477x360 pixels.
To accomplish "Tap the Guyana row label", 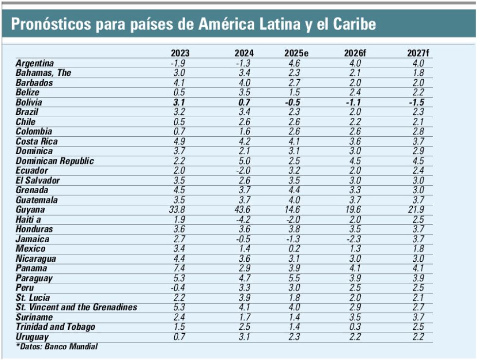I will (30, 210).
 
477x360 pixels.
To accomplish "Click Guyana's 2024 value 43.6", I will (244, 210).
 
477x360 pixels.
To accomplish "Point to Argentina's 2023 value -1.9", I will (180, 63).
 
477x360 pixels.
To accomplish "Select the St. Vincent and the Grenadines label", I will (76, 307).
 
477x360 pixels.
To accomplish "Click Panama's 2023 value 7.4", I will (180, 269).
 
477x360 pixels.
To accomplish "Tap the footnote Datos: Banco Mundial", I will (57, 346).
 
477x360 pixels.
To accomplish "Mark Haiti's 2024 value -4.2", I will (244, 219).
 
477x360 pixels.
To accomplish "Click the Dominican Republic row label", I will (55, 161).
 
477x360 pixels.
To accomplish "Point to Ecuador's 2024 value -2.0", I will (244, 171).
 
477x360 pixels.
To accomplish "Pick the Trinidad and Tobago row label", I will (55, 327).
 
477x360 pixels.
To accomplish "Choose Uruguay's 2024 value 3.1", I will (244, 337).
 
